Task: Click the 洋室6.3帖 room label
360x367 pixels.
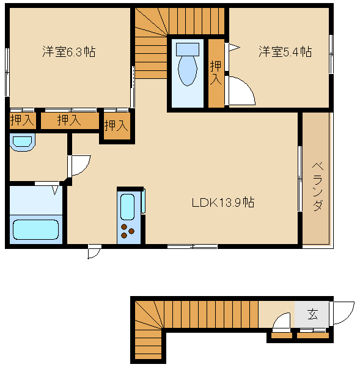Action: [69, 52]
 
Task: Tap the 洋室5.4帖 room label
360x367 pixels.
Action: [285, 52]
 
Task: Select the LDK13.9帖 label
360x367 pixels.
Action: [223, 202]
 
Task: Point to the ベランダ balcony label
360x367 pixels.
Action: [318, 187]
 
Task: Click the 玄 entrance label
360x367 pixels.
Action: [312, 314]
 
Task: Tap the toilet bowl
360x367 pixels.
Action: [188, 71]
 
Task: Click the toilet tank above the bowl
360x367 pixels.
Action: [188, 50]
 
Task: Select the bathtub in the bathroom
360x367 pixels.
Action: [35, 229]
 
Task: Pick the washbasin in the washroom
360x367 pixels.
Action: [23, 143]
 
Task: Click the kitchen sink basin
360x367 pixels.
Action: [127, 207]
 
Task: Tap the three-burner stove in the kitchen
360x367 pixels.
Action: [128, 231]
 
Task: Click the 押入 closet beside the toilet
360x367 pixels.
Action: [216, 73]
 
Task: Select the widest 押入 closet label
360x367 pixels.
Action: [69, 120]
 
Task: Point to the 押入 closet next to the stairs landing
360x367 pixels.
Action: [116, 125]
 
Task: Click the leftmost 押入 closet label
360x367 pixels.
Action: [22, 120]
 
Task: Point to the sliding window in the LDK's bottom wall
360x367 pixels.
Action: [193, 247]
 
